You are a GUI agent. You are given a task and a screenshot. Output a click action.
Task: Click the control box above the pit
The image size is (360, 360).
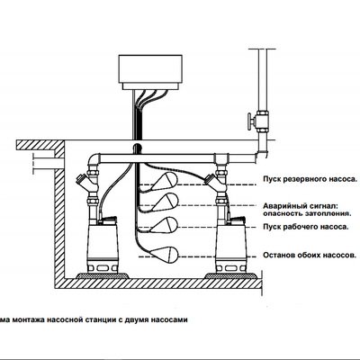tap(150, 72)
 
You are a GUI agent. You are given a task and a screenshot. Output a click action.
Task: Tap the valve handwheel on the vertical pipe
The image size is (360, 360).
tap(249, 121)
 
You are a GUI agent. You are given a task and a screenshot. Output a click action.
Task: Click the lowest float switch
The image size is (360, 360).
tap(164, 255)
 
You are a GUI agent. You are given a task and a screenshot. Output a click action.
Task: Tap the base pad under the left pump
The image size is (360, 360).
tap(103, 275)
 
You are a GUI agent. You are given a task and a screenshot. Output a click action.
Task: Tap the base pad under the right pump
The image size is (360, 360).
tap(231, 275)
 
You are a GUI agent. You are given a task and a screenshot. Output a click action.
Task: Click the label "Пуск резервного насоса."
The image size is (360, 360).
tap(310, 179)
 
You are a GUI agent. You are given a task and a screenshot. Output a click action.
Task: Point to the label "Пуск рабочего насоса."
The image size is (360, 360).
tap(306, 227)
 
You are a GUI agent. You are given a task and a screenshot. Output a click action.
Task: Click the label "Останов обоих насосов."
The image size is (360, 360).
tap(310, 256)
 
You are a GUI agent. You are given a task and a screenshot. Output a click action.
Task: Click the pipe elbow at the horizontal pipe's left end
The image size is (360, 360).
tap(94, 160)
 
